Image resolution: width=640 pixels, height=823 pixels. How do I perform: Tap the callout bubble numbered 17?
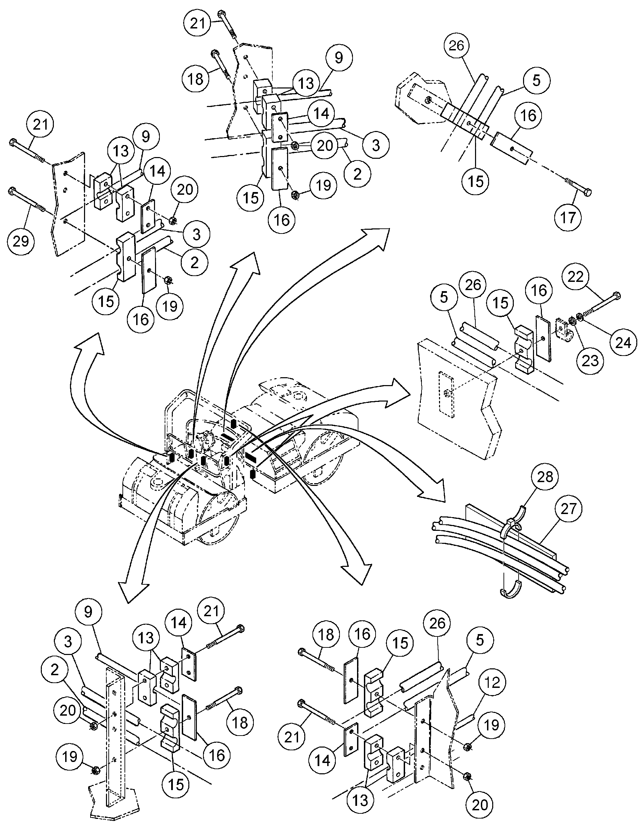[x=568, y=217]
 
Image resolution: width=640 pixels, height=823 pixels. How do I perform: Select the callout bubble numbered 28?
[x=545, y=477]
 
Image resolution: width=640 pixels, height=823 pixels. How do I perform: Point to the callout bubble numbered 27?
[x=568, y=509]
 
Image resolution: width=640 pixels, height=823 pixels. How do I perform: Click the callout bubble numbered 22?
[x=575, y=277]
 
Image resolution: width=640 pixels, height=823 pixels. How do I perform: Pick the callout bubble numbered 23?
[x=590, y=361]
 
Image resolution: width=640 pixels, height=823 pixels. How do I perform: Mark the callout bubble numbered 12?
[x=492, y=682]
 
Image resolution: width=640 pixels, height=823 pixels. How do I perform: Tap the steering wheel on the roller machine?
[x=207, y=439]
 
